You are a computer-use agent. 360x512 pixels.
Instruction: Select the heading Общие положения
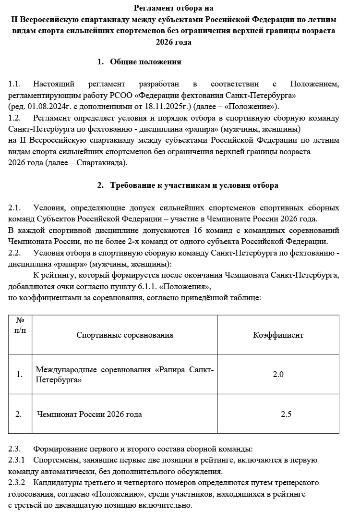(145, 61)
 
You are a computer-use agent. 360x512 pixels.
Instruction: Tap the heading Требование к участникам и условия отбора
(194, 185)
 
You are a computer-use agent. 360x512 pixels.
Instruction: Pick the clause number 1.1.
(14, 84)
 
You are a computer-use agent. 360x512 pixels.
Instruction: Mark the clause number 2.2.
(14, 253)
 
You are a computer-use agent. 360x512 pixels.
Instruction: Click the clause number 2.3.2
(17, 482)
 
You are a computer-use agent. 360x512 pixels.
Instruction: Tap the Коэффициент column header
(278, 335)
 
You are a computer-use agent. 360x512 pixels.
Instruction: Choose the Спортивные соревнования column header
(125, 335)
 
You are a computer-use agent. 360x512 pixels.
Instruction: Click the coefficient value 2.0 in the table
(278, 374)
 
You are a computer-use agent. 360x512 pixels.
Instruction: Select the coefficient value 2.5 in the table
(286, 414)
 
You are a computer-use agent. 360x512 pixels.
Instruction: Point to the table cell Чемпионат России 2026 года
(89, 414)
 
